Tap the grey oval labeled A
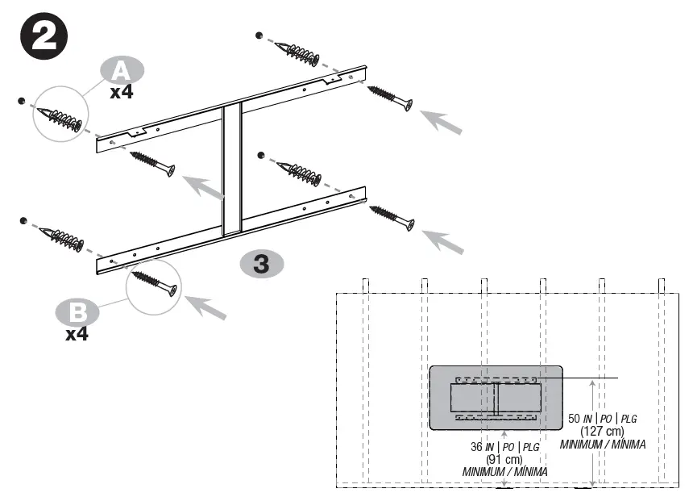(x=122, y=71)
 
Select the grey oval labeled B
(x=77, y=310)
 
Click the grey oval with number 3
(x=261, y=263)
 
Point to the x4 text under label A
(x=122, y=92)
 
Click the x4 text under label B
(x=77, y=332)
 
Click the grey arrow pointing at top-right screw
(x=442, y=120)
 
